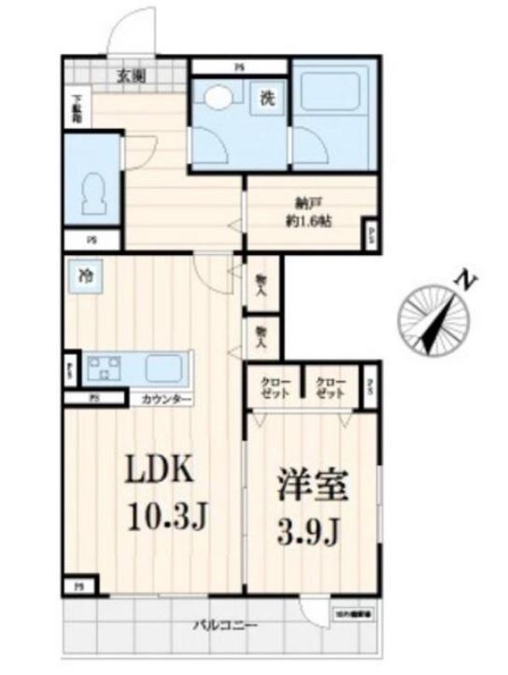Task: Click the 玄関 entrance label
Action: pyautogui.click(x=130, y=77)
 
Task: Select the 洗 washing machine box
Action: pyautogui.click(x=266, y=97)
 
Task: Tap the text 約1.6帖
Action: pyautogui.click(x=307, y=222)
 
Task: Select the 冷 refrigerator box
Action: pyautogui.click(x=86, y=275)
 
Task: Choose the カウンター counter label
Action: pyautogui.click(x=166, y=400)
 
